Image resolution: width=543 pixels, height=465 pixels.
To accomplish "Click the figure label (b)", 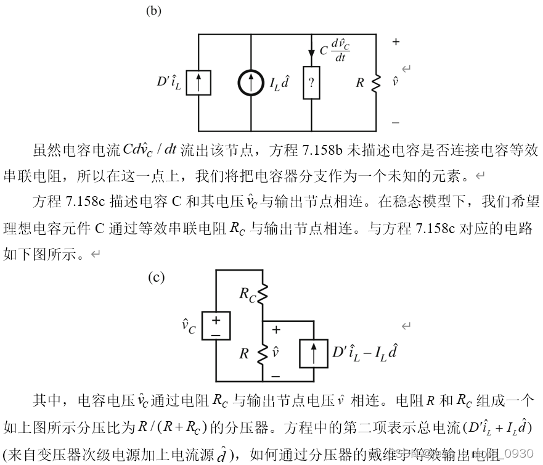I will (153, 10).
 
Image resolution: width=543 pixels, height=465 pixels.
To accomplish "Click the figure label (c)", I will (157, 278).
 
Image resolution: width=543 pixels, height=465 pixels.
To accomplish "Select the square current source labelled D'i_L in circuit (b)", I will (198, 83).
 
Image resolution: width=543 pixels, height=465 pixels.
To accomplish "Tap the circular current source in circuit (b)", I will (251, 83).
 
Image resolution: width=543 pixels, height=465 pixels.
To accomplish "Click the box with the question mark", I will (311, 83).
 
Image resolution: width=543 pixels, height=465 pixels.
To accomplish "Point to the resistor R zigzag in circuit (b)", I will (375, 83).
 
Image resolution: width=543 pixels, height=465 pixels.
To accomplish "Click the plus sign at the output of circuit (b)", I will (396, 43).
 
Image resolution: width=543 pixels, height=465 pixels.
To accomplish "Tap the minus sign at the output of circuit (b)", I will (396, 123).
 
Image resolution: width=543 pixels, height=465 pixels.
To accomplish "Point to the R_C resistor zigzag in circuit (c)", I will (263, 295).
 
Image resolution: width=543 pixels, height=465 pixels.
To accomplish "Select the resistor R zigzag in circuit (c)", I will (263, 353).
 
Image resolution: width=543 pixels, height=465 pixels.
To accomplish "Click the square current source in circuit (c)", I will (314, 353).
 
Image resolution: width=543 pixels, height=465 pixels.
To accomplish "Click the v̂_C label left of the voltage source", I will (189, 326).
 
